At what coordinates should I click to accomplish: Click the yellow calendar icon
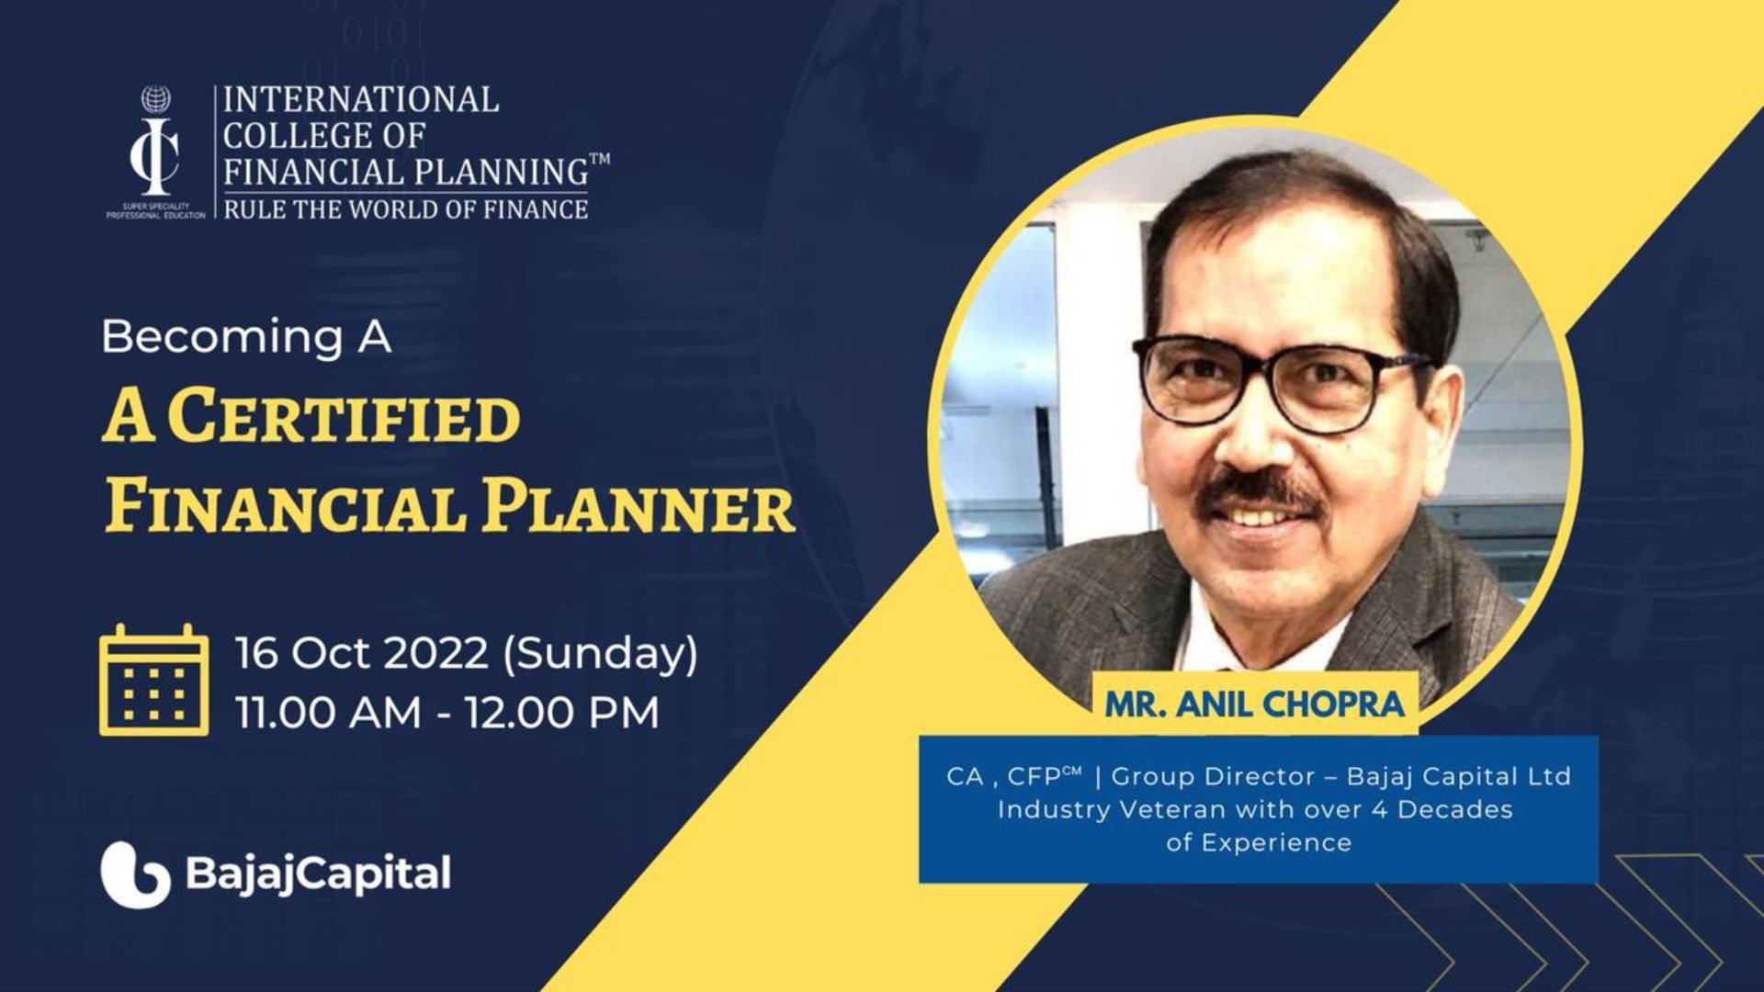click(153, 681)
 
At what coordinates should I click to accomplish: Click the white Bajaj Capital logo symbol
click(135, 874)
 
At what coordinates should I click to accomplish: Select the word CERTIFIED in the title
click(345, 417)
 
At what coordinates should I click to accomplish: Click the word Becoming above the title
click(222, 337)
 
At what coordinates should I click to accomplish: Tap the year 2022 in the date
click(435, 653)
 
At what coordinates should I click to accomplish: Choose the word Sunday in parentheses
click(601, 653)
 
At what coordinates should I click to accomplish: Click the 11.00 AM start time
click(328, 713)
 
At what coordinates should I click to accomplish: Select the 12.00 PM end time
click(561, 713)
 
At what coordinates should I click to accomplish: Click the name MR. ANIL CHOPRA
click(1254, 705)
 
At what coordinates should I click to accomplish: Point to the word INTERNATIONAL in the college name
click(361, 99)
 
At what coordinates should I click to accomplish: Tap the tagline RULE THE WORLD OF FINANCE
click(406, 209)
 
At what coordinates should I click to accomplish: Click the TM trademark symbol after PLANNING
click(600, 159)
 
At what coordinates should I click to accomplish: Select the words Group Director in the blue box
click(1213, 776)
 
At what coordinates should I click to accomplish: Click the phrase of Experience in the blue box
click(1259, 842)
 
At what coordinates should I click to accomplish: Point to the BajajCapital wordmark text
click(318, 874)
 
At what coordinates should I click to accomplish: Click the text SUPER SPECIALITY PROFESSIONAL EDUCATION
click(155, 210)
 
